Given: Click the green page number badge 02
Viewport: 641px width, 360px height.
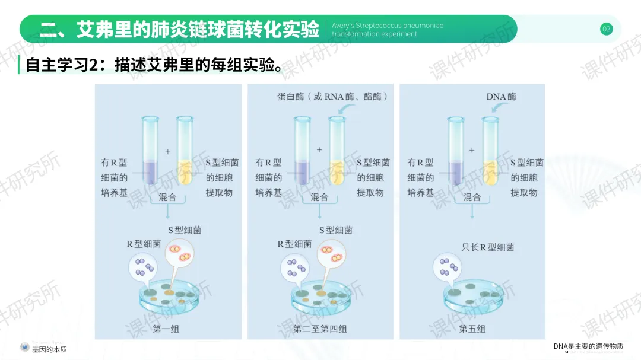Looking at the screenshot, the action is point(606,29).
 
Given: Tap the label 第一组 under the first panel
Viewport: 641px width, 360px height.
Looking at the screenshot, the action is point(166,329).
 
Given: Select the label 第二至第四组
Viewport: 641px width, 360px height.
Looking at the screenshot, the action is point(320,329).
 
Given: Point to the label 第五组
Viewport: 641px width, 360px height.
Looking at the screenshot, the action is point(472,329).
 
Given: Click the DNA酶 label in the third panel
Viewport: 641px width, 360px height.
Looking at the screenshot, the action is point(501,96).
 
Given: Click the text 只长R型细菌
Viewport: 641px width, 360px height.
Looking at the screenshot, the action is point(488,247).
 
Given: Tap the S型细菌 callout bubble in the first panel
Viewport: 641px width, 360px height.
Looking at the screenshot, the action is point(180,253).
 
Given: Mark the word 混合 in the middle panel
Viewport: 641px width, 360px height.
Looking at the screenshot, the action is point(320,197).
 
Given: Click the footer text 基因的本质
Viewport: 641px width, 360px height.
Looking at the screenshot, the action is point(50,349).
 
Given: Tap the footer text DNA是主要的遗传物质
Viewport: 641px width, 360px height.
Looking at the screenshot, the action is point(589,346).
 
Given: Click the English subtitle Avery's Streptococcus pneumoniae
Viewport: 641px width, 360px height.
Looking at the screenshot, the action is point(388,26).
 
